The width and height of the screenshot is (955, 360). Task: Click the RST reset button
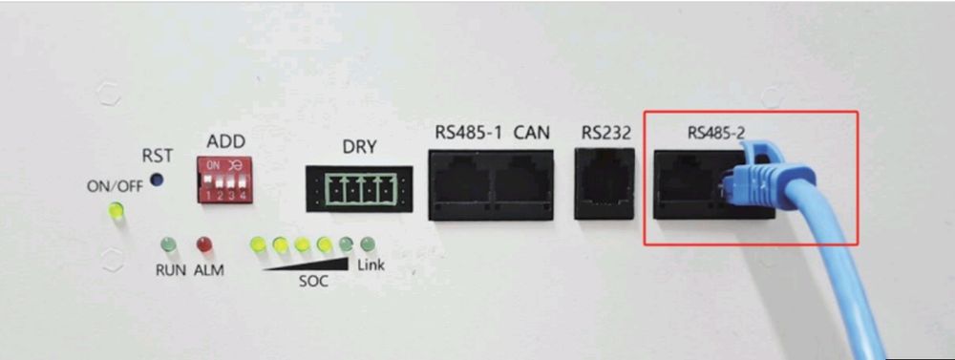coord(158,180)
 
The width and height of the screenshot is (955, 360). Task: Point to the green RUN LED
coord(168,244)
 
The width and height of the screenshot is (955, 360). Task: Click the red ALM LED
coord(202,244)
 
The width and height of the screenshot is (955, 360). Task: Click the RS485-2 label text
coord(716,134)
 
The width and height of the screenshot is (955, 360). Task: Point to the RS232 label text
coord(605,134)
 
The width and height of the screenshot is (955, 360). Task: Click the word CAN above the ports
coord(531,133)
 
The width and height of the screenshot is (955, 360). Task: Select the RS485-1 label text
coord(469,133)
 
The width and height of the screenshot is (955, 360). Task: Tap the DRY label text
coord(359,147)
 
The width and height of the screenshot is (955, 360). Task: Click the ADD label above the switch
coord(226,141)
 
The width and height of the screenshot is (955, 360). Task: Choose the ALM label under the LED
coord(208,270)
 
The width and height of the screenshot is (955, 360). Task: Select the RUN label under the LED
coord(170,270)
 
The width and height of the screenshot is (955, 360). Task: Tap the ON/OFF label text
coord(116,186)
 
